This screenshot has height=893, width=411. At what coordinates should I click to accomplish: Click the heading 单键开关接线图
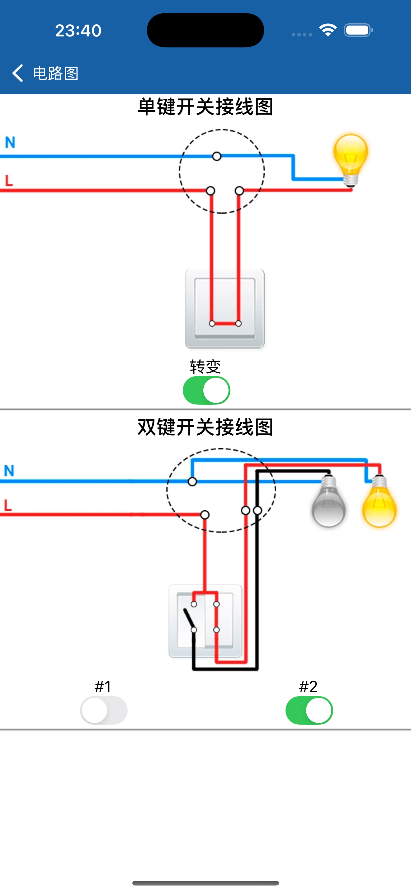pyautogui.click(x=205, y=107)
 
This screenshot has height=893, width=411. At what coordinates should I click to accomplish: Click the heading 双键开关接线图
pyautogui.click(x=205, y=427)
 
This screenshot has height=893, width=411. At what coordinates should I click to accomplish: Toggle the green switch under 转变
pyautogui.click(x=206, y=390)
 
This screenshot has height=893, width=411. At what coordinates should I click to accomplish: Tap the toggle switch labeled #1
pyautogui.click(x=104, y=710)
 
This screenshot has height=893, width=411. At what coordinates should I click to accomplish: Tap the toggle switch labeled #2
pyautogui.click(x=309, y=710)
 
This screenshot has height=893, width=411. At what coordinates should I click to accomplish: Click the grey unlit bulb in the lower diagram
pyautogui.click(x=328, y=503)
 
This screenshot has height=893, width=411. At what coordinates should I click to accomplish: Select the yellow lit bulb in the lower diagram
pyautogui.click(x=379, y=503)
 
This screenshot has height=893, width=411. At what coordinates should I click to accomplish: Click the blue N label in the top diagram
pyautogui.click(x=10, y=142)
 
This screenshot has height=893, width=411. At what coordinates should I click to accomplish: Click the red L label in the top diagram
pyautogui.click(x=9, y=181)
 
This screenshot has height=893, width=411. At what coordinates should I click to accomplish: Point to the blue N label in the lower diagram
pyautogui.click(x=9, y=471)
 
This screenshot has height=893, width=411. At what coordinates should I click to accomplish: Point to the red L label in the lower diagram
pyautogui.click(x=8, y=505)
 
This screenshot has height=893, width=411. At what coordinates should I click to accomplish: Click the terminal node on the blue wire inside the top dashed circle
pyautogui.click(x=217, y=156)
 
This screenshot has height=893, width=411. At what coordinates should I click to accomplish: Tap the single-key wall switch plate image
pyautogui.click(x=225, y=309)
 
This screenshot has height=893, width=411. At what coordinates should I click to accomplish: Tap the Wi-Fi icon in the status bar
pyautogui.click(x=328, y=30)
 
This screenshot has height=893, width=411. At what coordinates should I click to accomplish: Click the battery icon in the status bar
pyautogui.click(x=358, y=30)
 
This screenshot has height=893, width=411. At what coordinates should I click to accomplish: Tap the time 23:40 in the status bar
pyautogui.click(x=78, y=31)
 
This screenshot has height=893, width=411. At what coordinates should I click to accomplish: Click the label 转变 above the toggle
pyautogui.click(x=205, y=366)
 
